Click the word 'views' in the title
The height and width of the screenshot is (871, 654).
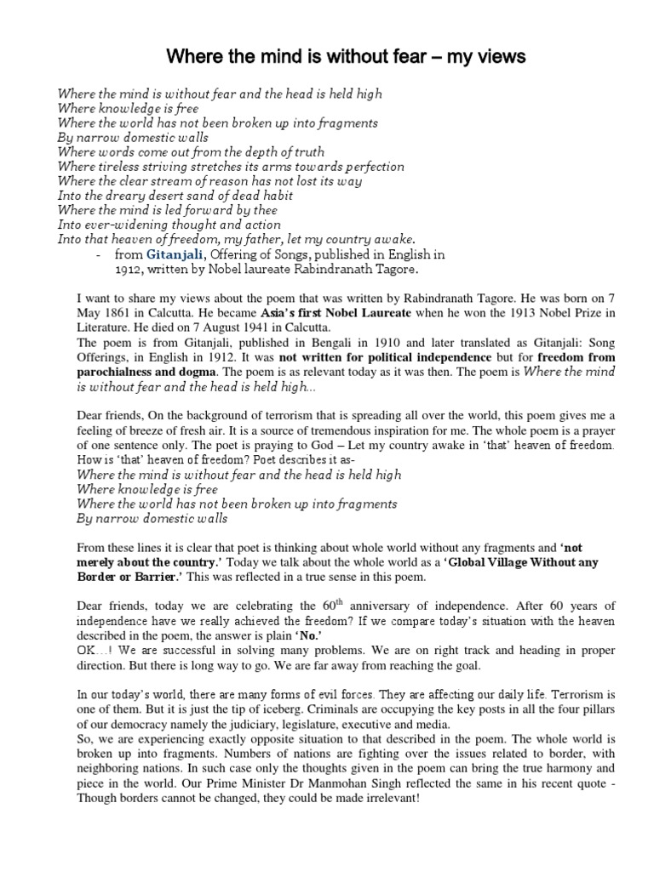502,57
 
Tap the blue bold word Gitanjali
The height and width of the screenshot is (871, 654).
175,254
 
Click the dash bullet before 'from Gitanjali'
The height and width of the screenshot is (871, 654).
100,254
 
